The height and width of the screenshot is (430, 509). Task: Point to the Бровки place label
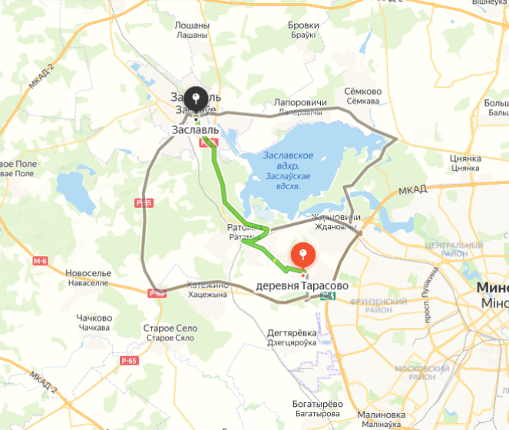coord(303,25)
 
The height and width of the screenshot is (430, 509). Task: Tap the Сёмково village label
coord(363,92)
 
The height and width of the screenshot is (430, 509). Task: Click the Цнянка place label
coord(464,158)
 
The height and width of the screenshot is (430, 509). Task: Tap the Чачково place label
coord(94,318)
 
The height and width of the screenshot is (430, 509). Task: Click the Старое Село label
coord(170,328)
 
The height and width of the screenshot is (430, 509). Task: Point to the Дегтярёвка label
coord(291,333)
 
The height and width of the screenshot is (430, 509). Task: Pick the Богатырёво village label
coord(316,404)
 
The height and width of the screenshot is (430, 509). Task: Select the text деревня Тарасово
coord(302,285)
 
